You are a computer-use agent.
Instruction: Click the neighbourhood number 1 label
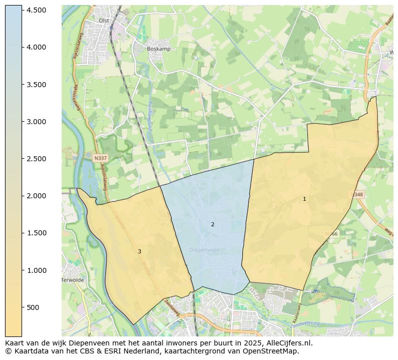click(x=304, y=199)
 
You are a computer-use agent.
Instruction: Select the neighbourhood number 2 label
click(x=213, y=224)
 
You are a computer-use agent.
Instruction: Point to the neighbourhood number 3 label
click(x=139, y=251)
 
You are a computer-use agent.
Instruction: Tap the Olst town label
click(x=104, y=21)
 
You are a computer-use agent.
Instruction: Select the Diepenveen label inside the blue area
click(x=205, y=249)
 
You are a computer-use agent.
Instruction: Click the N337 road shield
click(x=100, y=158)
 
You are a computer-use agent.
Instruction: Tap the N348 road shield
click(x=357, y=194)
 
